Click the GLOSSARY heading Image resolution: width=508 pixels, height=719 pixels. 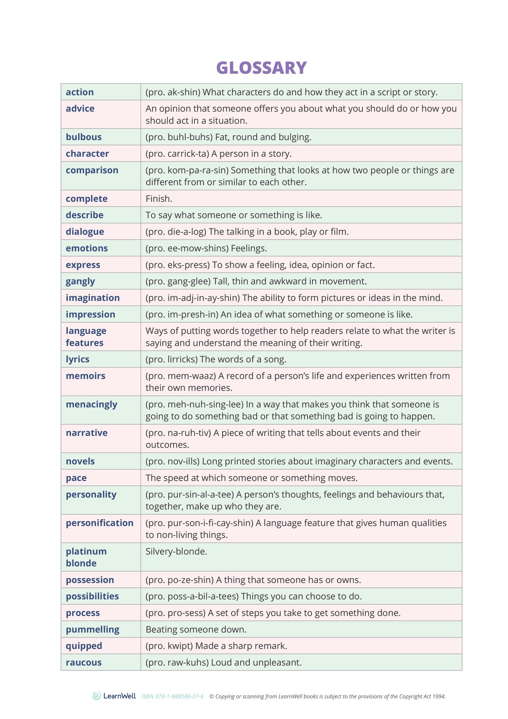pos(261,68)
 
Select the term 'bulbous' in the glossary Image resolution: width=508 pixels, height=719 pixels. pos(84,137)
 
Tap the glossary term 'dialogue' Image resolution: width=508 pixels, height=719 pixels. pos(85,231)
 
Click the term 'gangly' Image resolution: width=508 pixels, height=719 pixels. pos(80,281)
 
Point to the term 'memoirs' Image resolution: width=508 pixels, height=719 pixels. pos(85,375)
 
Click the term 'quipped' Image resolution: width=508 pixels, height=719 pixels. pos(84,646)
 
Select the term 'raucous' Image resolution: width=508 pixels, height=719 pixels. pos(84,662)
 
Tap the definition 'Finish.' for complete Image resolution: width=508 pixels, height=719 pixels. pos(159,199)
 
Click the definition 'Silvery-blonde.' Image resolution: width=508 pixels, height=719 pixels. pos(176,551)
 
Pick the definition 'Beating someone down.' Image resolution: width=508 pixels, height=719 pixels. pos(196,629)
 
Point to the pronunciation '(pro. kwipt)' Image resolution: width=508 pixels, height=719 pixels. pos(169,646)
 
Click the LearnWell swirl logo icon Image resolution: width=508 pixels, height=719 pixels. pos(96,696)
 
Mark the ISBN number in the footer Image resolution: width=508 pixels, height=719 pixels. pos(173,696)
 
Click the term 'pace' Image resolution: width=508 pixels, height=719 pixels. pos(76,477)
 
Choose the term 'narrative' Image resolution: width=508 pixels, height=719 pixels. pos(86,432)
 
